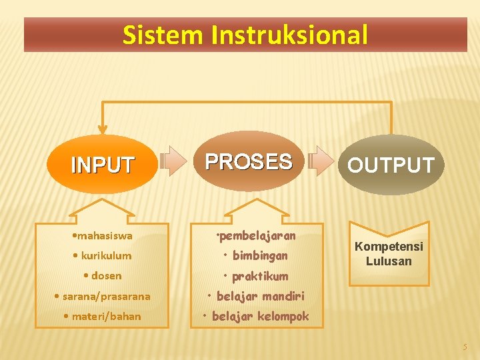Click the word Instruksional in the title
pyautogui.click(x=289, y=35)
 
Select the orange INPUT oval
pyautogui.click(x=103, y=164)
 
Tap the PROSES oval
pyautogui.click(x=249, y=161)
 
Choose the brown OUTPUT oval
pyautogui.click(x=391, y=165)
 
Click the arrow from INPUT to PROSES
pyautogui.click(x=175, y=161)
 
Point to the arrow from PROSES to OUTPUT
pyautogui.click(x=323, y=161)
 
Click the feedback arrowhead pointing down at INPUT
pyautogui.click(x=103, y=127)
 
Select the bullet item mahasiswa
pyautogui.click(x=103, y=235)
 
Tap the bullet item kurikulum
pyautogui.click(x=103, y=255)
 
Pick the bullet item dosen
pyautogui.click(x=103, y=275)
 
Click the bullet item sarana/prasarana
pyautogui.click(x=103, y=296)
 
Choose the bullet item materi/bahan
pyautogui.click(x=103, y=316)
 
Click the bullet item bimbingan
pyautogui.click(x=256, y=255)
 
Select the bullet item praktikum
pyautogui.click(x=256, y=276)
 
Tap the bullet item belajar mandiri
pyautogui.click(x=256, y=296)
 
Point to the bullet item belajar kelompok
pyautogui.click(x=256, y=316)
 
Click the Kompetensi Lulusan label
pyautogui.click(x=389, y=253)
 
